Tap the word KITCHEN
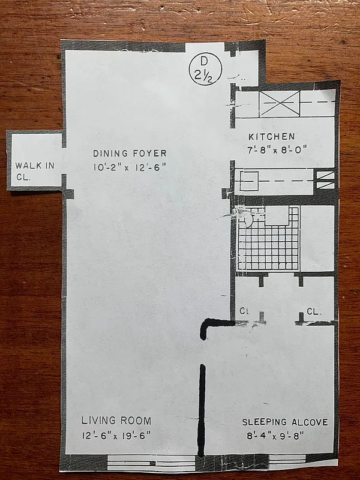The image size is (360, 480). (271, 137)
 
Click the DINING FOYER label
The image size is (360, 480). (130, 153)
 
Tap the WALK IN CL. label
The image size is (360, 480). (33, 170)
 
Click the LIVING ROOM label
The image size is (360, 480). (116, 421)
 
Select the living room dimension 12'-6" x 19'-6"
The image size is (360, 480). (116, 435)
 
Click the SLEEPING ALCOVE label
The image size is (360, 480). (284, 422)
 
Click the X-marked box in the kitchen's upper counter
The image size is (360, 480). (279, 104)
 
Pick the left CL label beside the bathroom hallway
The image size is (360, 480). (244, 312)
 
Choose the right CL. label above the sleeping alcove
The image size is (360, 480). (313, 312)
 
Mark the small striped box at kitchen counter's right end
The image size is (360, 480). (325, 179)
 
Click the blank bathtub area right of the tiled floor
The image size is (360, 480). (317, 238)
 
